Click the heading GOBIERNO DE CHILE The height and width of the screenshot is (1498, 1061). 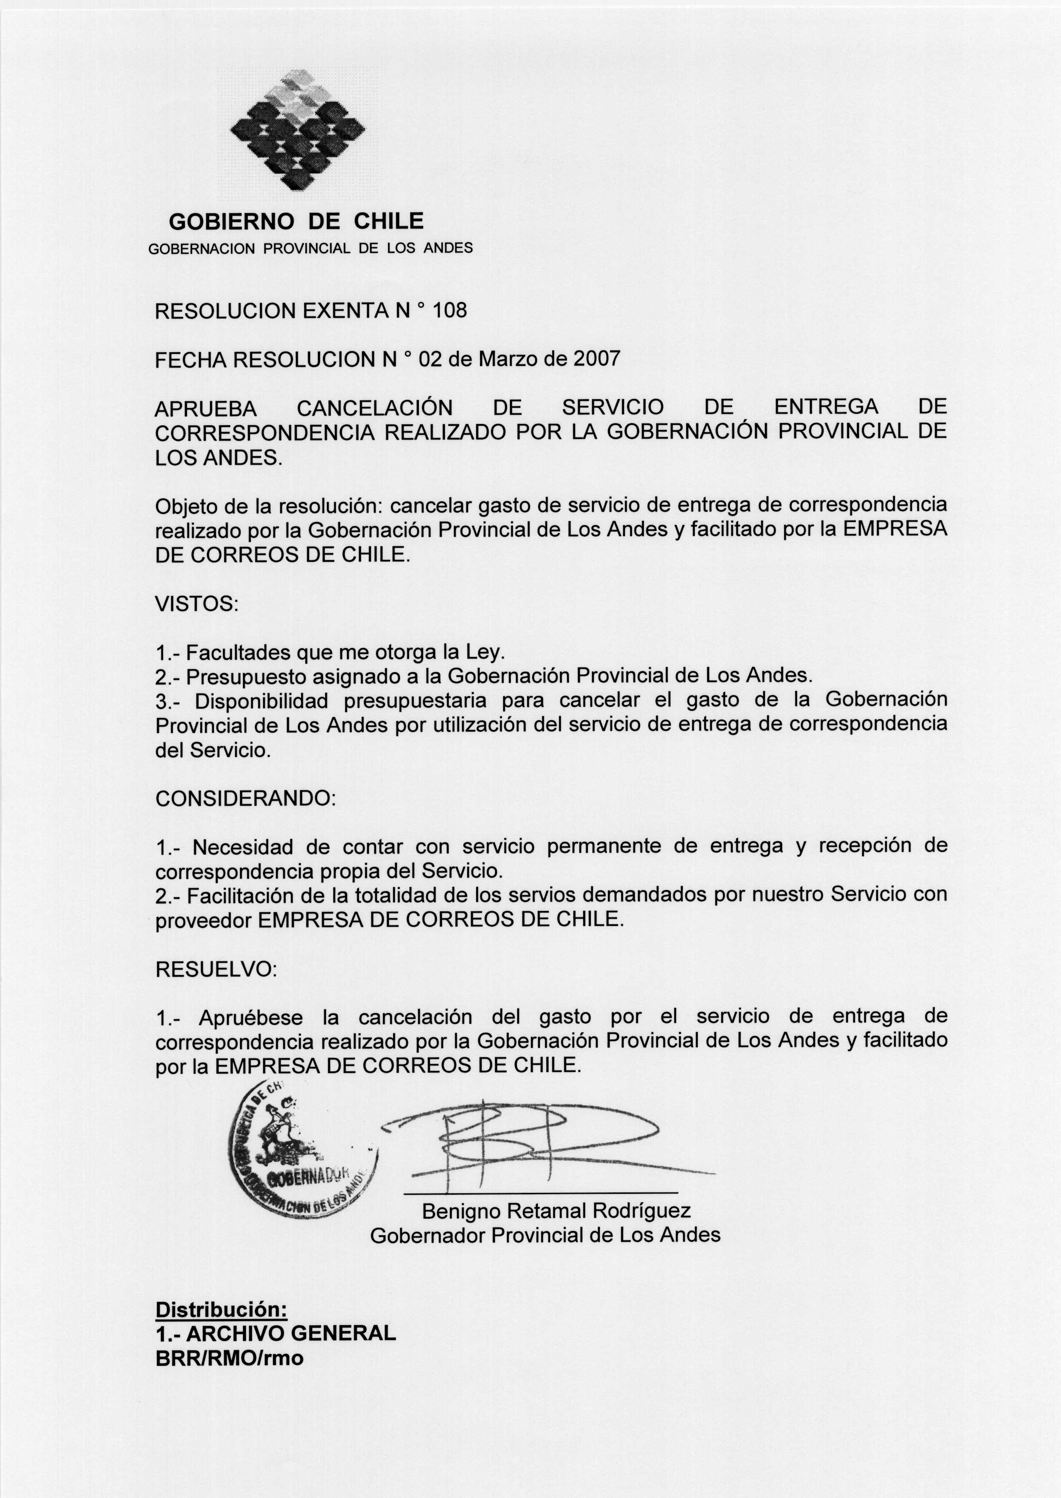[x=296, y=222]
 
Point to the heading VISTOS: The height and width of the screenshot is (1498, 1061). [x=197, y=604]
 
